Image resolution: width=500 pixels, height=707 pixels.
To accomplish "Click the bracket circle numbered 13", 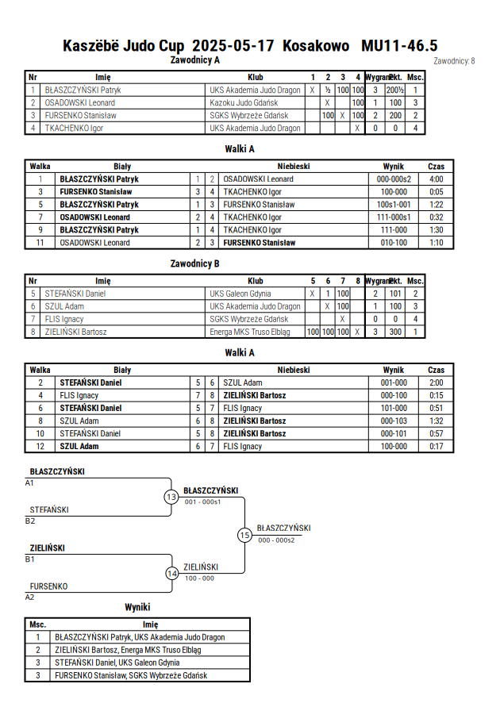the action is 171,498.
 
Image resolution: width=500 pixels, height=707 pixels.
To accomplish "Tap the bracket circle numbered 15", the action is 244,536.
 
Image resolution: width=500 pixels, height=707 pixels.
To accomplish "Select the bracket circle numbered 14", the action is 171,574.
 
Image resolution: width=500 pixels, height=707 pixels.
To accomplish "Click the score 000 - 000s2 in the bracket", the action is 276,540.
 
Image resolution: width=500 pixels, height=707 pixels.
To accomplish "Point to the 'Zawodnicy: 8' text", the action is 454,61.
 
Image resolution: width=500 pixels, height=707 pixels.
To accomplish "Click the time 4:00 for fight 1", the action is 436,179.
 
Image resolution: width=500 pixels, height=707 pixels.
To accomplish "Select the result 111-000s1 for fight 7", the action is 394,217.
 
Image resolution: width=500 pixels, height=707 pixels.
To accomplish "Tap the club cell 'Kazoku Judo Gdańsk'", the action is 244,103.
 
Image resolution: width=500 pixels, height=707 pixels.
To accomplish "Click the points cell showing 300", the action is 395,332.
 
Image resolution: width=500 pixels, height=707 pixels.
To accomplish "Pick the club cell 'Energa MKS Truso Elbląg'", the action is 250,332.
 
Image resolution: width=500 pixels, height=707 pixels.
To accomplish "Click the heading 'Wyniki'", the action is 137,607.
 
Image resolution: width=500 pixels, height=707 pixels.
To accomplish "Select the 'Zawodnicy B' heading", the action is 194,263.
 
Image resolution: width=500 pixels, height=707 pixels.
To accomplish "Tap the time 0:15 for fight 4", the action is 436,395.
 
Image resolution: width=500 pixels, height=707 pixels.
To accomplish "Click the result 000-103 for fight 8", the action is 394,421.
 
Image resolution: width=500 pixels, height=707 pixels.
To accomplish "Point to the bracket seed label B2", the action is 29,521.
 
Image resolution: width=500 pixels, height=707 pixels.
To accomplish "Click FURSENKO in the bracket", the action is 48,586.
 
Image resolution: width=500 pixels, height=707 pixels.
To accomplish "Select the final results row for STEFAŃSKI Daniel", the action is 137,663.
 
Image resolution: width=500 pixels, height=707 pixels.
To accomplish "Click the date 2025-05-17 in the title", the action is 233,46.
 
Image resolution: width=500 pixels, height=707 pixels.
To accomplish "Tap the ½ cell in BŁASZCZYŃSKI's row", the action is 328,90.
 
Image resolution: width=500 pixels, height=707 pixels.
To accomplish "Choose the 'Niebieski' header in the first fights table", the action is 294,167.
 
